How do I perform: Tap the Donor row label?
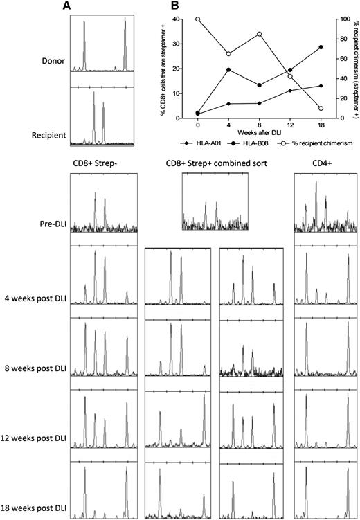tap(53, 61)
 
